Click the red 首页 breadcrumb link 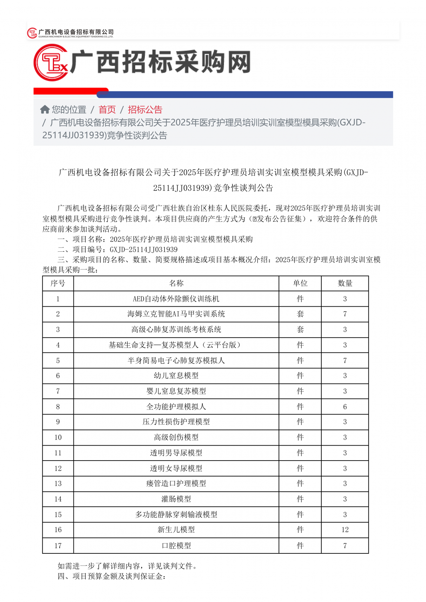(107, 110)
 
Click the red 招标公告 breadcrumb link (145, 110)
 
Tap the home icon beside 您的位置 (45, 110)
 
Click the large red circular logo (51, 63)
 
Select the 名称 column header (176, 283)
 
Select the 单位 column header (300, 283)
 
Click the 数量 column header (345, 283)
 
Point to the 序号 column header (58, 283)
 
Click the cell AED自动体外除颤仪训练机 (176, 299)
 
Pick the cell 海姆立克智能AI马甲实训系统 (176, 314)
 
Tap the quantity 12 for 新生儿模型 (345, 530)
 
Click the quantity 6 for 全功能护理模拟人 (345, 407)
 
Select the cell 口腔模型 (176, 546)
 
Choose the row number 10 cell (58, 437)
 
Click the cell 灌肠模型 (176, 499)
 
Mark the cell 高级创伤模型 (176, 437)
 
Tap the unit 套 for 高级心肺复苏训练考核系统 (300, 330)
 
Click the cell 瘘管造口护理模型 (176, 484)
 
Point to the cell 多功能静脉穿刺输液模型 (176, 514)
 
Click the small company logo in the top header (32, 33)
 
